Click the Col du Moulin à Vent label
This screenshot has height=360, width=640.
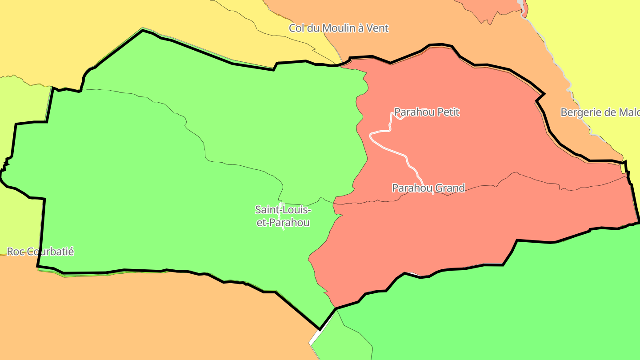pyautogui.click(x=339, y=28)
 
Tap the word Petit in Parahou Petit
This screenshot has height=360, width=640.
pyautogui.click(x=448, y=112)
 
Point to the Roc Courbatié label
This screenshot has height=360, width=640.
pyautogui.click(x=40, y=252)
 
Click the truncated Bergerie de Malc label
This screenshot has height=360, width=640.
pyautogui.click(x=600, y=112)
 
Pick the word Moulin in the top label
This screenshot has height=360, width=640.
pyautogui.click(x=339, y=28)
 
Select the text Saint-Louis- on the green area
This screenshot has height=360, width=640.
pyautogui.click(x=284, y=209)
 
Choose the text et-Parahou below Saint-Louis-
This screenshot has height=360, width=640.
pyautogui.click(x=283, y=223)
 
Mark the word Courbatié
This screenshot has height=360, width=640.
pyautogui.click(x=50, y=252)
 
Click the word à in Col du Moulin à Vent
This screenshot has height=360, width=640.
pyautogui.click(x=361, y=28)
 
